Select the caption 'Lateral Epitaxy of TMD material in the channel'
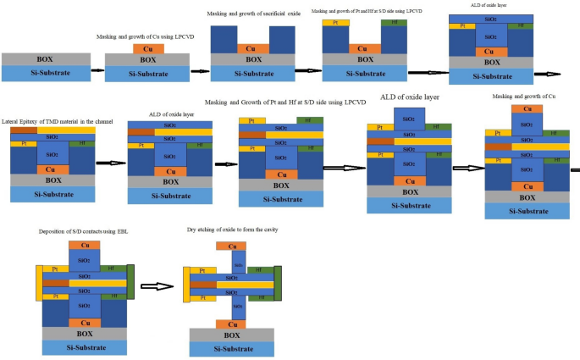(64, 122)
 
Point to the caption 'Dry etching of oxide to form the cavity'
(233, 230)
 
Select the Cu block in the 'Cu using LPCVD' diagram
(149, 49)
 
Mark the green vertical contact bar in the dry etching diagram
(277, 284)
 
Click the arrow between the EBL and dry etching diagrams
(157, 286)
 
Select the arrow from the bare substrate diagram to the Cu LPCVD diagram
(98, 67)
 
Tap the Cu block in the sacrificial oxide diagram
(253, 48)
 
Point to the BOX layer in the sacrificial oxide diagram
(253, 59)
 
